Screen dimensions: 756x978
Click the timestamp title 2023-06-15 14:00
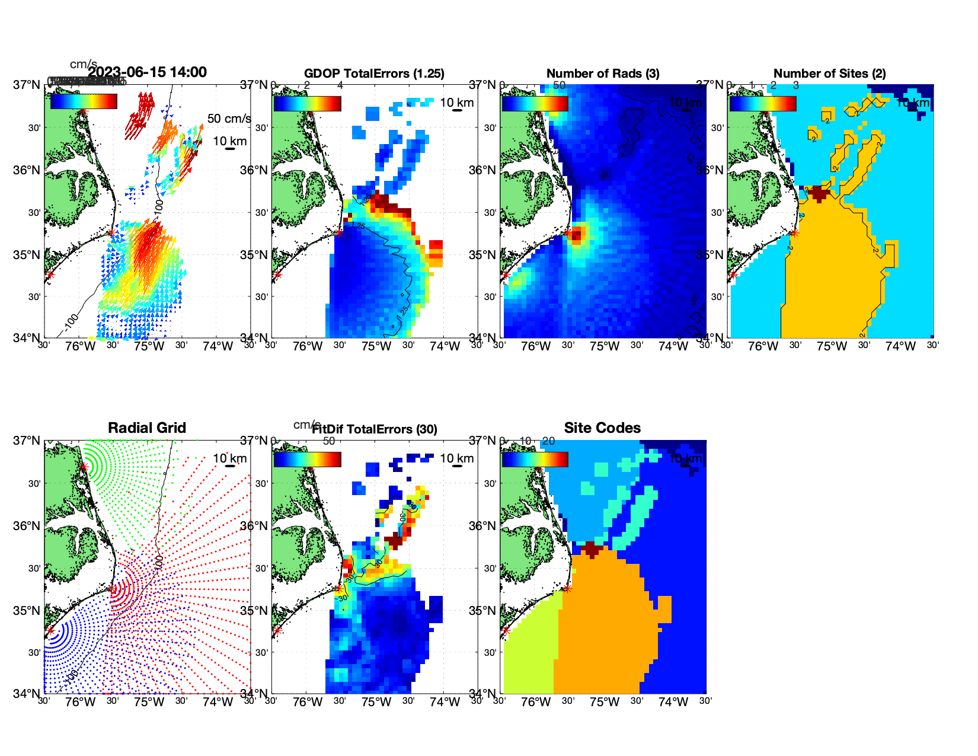[x=148, y=72]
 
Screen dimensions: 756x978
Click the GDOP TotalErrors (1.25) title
[x=374, y=74]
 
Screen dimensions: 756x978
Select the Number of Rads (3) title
[x=603, y=74]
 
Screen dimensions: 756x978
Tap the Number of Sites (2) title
[x=830, y=74]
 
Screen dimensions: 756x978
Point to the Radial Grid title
[x=147, y=428]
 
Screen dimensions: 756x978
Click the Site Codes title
[x=602, y=428]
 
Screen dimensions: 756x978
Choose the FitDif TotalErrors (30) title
[x=375, y=429]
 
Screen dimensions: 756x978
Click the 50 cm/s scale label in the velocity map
[x=229, y=119]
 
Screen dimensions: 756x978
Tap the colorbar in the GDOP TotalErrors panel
[x=307, y=104]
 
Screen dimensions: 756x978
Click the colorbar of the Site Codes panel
[x=535, y=460]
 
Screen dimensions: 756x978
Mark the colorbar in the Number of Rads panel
[x=535, y=104]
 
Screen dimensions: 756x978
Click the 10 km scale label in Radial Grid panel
[x=230, y=458]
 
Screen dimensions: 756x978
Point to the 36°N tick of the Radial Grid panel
[x=27, y=526]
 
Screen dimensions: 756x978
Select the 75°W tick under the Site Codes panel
[x=605, y=702]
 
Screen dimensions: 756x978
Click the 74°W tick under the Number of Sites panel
[x=900, y=346]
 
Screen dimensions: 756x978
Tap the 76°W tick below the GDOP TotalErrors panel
[x=308, y=346]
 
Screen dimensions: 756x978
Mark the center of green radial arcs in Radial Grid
[x=84, y=467]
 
